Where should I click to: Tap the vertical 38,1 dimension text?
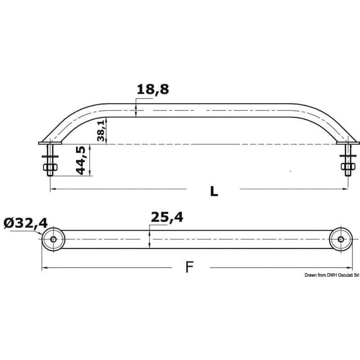[102, 130]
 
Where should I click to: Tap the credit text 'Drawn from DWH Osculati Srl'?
[331, 274]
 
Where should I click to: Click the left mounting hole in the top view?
[54, 239]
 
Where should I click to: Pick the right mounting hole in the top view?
[341, 239]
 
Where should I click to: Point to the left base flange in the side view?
[46, 143]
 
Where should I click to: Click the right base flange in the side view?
[348, 143]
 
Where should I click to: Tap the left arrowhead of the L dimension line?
[51, 189]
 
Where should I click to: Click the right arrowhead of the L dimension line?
[347, 189]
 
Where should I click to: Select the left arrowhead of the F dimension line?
[44, 268]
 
